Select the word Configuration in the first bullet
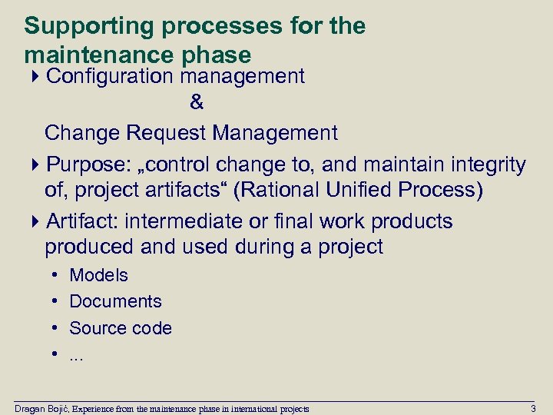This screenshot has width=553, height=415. click(111, 76)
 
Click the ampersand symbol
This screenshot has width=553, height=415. click(196, 102)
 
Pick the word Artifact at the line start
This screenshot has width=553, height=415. click(80, 221)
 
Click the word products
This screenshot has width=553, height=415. click(412, 221)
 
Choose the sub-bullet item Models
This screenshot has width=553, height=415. click(98, 275)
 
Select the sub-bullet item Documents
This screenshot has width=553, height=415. click(115, 301)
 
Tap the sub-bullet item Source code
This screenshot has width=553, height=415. click(121, 328)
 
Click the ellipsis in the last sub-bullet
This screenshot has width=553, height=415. click(76, 356)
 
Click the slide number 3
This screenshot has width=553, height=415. click(533, 407)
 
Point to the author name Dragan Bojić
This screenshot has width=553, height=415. click(42, 407)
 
